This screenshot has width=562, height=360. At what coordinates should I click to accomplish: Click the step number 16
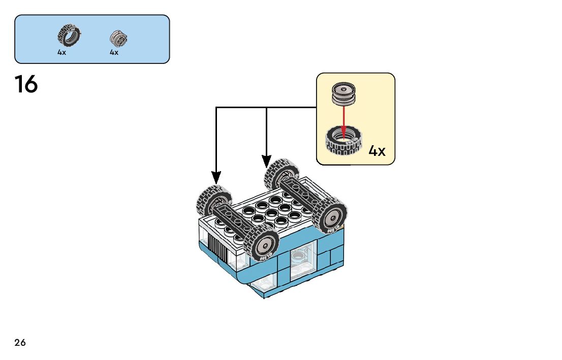(x=26, y=84)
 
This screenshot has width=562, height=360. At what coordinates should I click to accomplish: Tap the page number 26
(x=20, y=342)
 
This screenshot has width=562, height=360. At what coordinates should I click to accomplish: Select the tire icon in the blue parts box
(x=69, y=35)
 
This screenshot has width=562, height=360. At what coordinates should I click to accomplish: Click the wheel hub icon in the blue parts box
(x=118, y=38)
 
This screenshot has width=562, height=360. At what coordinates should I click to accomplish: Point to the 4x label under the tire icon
(x=61, y=52)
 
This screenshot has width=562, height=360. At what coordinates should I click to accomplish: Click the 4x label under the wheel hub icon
(x=114, y=52)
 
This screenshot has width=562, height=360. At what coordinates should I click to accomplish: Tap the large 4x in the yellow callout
(x=377, y=151)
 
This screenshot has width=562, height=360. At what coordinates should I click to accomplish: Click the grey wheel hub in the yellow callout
(x=344, y=94)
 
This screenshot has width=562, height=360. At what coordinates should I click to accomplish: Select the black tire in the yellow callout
(x=344, y=141)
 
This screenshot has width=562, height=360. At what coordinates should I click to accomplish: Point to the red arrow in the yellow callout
(x=344, y=122)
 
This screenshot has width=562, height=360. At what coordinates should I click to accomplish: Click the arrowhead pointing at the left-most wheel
(x=216, y=178)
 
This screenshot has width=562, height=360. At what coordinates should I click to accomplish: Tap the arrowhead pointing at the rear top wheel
(x=266, y=161)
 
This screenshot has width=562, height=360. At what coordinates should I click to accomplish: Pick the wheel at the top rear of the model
(x=282, y=175)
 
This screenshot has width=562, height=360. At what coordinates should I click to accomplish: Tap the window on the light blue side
(x=303, y=260)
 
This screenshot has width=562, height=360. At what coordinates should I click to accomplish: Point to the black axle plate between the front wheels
(x=232, y=221)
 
